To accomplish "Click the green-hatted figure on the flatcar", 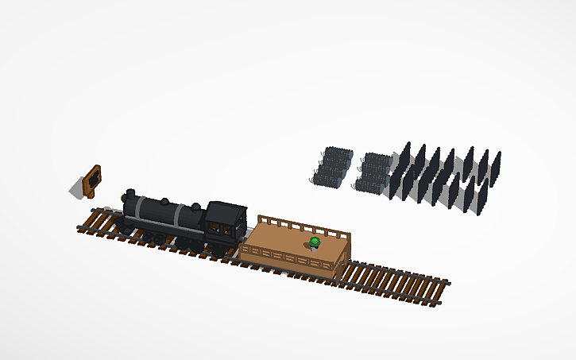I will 315,242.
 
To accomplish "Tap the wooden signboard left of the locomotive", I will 94,180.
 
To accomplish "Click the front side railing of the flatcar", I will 286,258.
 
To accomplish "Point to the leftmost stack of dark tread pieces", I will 332,165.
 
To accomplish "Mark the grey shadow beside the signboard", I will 77,189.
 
